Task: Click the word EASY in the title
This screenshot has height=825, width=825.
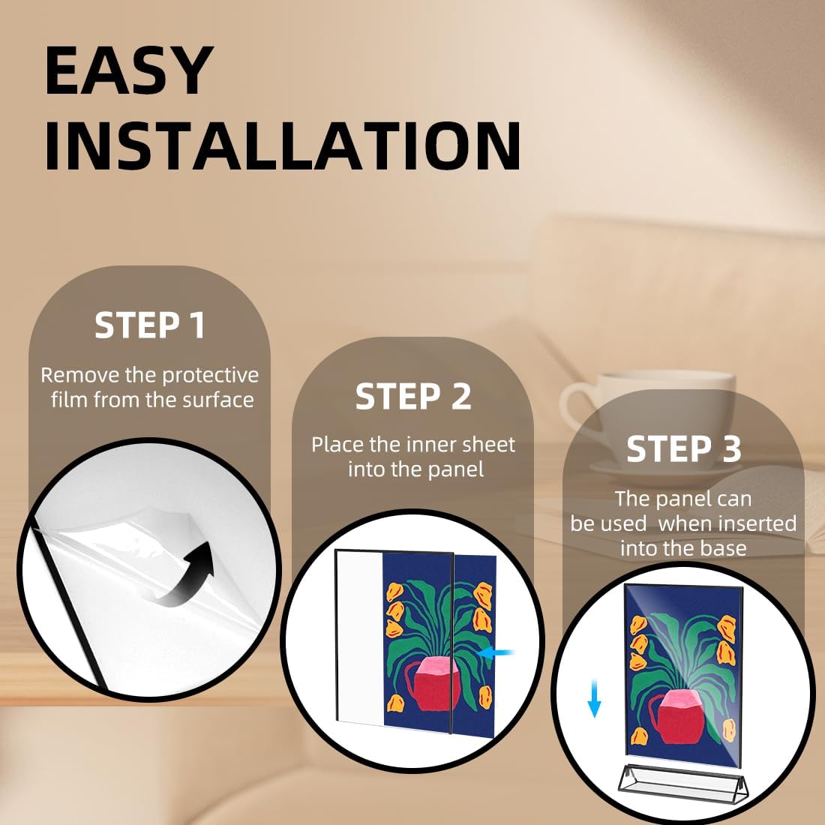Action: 129,70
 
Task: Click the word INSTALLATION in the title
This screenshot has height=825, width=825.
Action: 283,145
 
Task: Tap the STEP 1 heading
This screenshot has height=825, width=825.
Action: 149,325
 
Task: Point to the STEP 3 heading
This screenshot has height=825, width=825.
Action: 683,448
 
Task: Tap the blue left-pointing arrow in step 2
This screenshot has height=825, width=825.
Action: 496,653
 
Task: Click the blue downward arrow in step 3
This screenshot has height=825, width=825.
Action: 594,698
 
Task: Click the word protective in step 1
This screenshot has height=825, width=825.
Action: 211,376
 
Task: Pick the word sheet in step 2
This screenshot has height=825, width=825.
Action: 490,445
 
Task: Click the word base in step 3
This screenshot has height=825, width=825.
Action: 724,548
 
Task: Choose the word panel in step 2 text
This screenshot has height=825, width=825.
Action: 456,469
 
